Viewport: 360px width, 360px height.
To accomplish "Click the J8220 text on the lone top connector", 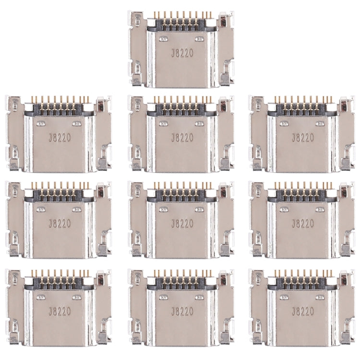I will coord(182,53).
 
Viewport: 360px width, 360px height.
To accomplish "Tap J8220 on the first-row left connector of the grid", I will coord(60,138).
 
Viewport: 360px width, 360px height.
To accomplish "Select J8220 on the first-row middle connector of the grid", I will coord(182,138).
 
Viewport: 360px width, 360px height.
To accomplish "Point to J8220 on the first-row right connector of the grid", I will coord(303,138).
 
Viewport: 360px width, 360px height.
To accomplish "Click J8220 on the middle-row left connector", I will coord(60,224).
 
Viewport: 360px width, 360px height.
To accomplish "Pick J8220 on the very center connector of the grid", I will coord(182,224).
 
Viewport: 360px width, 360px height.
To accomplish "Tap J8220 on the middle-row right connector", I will coord(303,224).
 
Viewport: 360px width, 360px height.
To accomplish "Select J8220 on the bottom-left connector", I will coord(60,311).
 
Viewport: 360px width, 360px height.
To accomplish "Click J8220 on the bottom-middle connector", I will coord(182,311).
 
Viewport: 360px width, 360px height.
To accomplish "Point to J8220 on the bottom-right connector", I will coord(303,311).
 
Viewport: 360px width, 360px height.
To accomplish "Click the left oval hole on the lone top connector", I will coord(164,38).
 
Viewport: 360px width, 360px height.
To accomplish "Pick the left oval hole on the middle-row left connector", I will coord(41,209).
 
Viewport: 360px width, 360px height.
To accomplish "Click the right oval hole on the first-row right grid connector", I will coord(321,123).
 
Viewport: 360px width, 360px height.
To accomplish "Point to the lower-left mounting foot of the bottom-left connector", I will coord(14,338).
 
